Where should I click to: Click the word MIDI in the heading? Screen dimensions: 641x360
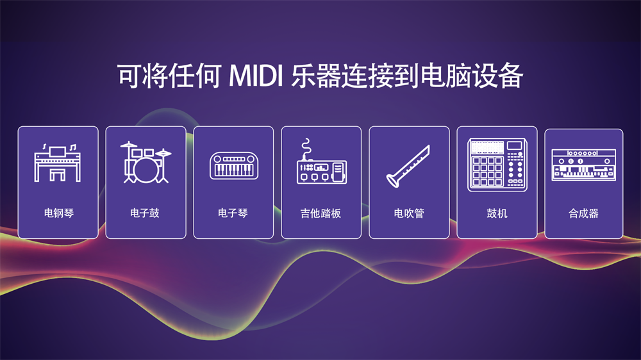(x=256, y=76)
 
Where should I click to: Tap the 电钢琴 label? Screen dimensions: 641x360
(x=59, y=213)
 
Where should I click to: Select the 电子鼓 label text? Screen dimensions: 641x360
(x=145, y=213)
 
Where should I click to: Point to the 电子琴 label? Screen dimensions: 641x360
(x=233, y=213)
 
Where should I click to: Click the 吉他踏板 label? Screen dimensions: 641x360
(x=320, y=213)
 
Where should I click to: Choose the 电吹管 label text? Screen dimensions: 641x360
(x=409, y=213)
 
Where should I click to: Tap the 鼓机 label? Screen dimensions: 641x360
(x=497, y=213)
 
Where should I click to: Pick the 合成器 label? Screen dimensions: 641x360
(x=583, y=213)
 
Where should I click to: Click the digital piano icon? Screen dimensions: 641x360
(x=57, y=163)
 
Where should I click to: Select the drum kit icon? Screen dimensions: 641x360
(x=146, y=162)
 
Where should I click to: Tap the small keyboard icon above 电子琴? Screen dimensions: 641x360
(x=234, y=165)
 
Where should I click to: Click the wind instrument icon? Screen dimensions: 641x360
(x=408, y=167)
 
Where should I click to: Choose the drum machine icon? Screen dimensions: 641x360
(x=497, y=165)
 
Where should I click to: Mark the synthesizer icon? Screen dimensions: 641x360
(x=583, y=165)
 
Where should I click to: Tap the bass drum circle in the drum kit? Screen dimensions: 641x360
(x=146, y=170)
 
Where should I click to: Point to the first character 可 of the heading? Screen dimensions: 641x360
(x=130, y=76)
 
